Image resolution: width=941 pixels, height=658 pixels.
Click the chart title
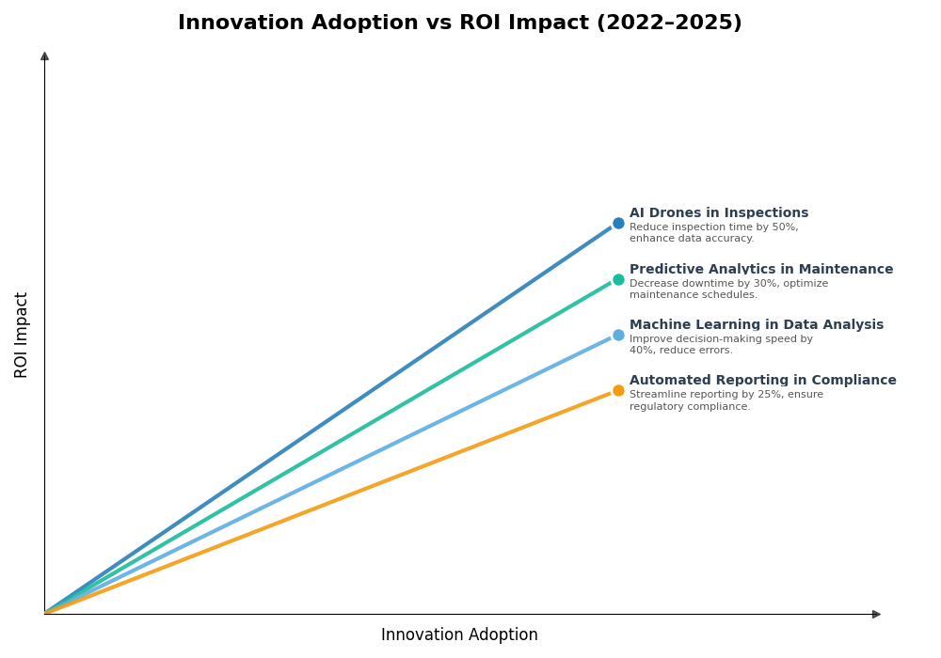[x=459, y=23]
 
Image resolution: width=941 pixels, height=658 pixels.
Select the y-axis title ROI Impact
[x=22, y=335]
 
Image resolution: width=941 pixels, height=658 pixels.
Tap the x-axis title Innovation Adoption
[x=459, y=635]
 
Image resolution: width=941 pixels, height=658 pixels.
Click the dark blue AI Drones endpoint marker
[x=618, y=224]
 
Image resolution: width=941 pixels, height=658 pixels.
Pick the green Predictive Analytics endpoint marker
[x=618, y=279]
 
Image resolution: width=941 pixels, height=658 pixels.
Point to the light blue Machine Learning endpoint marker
[x=618, y=336]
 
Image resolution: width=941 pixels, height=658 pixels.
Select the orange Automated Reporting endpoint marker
[x=618, y=391]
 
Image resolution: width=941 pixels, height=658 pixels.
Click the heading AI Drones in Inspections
[x=719, y=213]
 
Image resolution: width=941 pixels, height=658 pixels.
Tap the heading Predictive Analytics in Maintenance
[x=761, y=270]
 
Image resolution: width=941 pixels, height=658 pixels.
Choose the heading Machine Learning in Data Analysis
[x=757, y=325]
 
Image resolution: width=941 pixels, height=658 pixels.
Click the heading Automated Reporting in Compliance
[x=763, y=381]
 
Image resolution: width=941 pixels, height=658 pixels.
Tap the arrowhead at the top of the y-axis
[x=44, y=56]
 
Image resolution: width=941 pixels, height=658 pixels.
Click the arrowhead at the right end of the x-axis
[x=876, y=614]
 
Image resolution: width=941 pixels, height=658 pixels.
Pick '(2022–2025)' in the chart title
[x=669, y=23]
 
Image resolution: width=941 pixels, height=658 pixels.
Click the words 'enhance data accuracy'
[x=691, y=239]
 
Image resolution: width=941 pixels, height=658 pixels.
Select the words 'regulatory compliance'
[x=689, y=407]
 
